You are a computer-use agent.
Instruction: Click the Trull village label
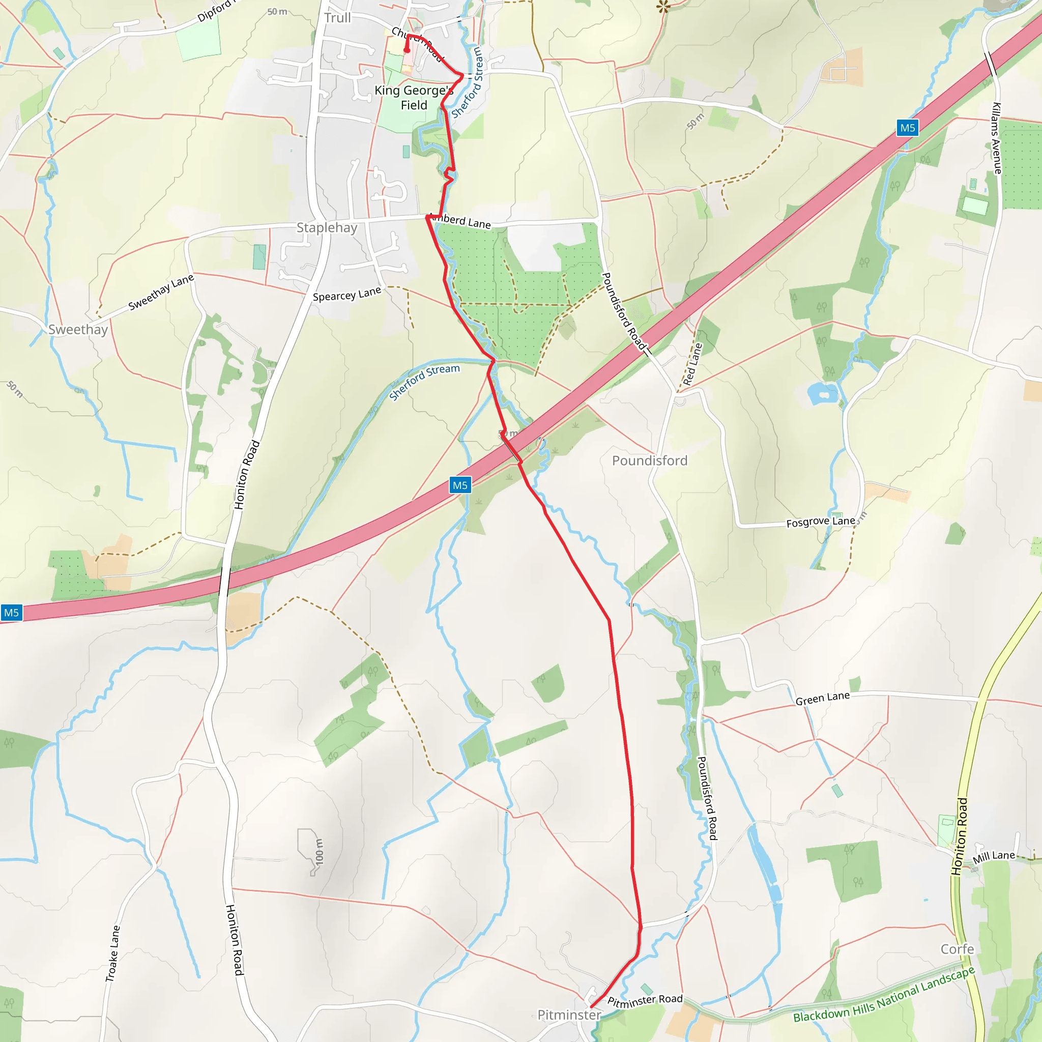[338, 18]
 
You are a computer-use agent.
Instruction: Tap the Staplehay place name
[327, 227]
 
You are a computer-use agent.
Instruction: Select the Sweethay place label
[78, 330]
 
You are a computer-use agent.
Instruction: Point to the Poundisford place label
[649, 460]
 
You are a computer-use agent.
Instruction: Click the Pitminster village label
[569, 1015]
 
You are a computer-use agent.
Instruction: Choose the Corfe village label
[958, 949]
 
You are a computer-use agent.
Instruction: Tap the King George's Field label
[414, 98]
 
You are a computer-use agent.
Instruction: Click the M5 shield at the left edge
[11, 613]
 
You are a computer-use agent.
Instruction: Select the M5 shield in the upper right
[908, 128]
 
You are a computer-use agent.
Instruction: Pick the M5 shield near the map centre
[460, 485]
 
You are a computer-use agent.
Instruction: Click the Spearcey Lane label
[347, 294]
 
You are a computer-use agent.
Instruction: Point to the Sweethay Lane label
[161, 293]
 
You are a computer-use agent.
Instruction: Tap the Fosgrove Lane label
[820, 522]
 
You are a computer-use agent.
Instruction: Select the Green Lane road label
[823, 699]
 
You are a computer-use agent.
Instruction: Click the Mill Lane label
[994, 856]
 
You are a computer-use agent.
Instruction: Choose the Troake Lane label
[113, 954]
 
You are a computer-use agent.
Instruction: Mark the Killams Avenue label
[997, 138]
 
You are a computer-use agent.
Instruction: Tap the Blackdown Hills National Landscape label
[884, 994]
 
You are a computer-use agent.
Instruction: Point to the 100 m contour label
[320, 852]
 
